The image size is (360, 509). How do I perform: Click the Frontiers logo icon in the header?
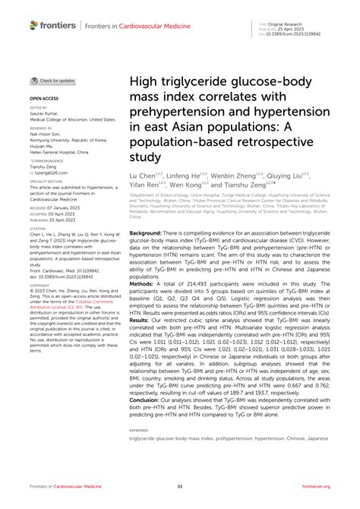(x=33, y=25)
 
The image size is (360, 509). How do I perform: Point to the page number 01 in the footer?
(x=180, y=487)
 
